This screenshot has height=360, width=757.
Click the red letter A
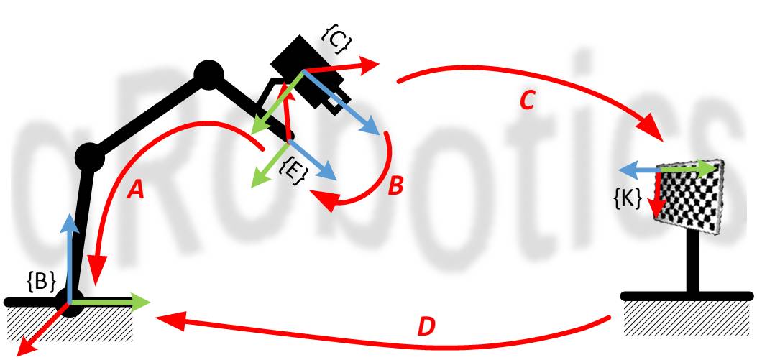click(137, 189)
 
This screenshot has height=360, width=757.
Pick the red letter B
click(395, 185)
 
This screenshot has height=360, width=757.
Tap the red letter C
click(527, 102)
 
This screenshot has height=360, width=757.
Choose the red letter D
click(427, 327)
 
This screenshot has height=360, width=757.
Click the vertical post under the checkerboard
click(693, 262)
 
